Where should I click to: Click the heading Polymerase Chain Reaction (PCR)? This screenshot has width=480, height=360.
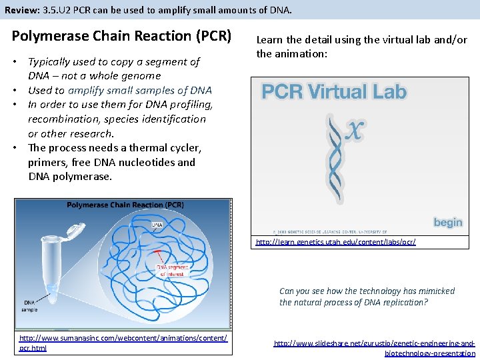coord(121,36)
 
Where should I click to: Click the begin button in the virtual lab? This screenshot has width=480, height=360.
coord(447,222)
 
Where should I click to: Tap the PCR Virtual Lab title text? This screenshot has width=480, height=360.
coord(333,91)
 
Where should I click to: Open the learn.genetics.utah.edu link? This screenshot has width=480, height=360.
coord(335,242)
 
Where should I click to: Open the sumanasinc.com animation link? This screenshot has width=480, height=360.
coord(123,339)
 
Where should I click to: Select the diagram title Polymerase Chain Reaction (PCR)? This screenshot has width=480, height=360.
coord(125,205)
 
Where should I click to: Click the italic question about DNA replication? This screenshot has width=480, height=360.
coord(367,297)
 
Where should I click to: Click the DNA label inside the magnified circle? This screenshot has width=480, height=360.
coord(157,225)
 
